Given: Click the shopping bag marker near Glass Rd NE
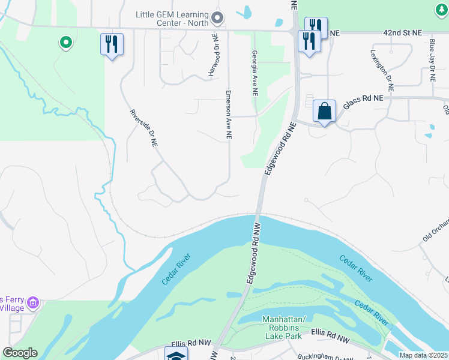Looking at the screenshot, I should (x=324, y=112).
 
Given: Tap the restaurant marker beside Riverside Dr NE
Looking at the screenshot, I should (x=112, y=44).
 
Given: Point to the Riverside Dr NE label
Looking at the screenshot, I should (x=144, y=128).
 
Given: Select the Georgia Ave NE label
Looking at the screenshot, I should (x=255, y=73).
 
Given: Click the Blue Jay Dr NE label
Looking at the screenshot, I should (x=432, y=60).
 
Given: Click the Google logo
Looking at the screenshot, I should (x=20, y=353).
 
